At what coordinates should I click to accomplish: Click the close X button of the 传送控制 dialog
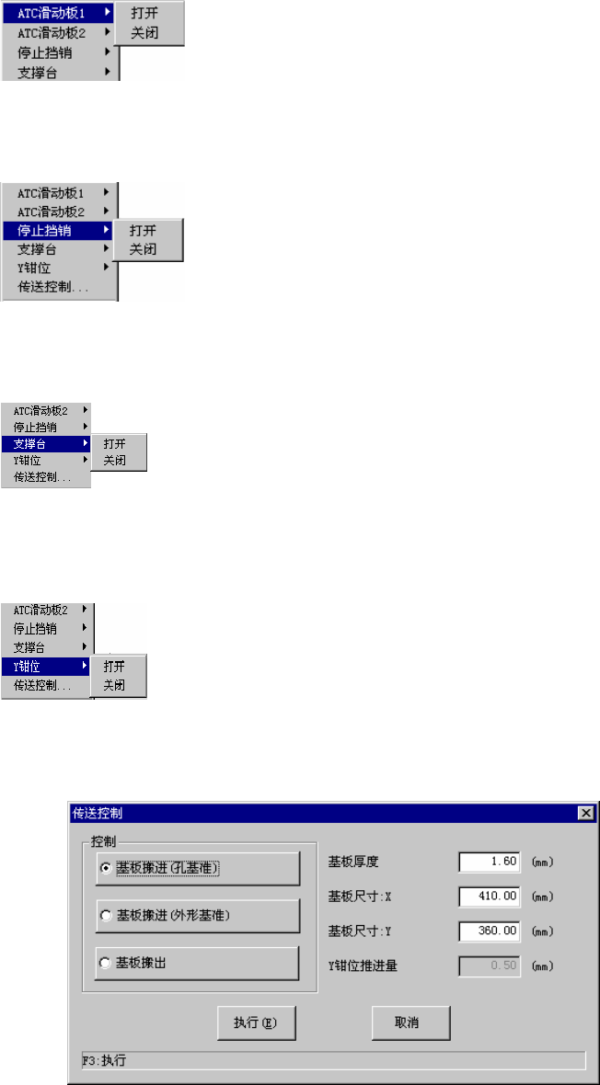(584, 813)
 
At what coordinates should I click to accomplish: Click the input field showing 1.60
(490, 862)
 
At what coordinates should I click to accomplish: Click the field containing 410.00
(490, 897)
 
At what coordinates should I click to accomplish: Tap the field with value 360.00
(490, 931)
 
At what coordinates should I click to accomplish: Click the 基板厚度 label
(353, 862)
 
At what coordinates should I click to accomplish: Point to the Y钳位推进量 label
(363, 966)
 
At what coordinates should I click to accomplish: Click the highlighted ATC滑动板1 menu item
(59, 14)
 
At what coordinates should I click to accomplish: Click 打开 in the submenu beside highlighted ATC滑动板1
(144, 15)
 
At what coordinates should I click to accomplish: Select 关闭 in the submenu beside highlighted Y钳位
(114, 685)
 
